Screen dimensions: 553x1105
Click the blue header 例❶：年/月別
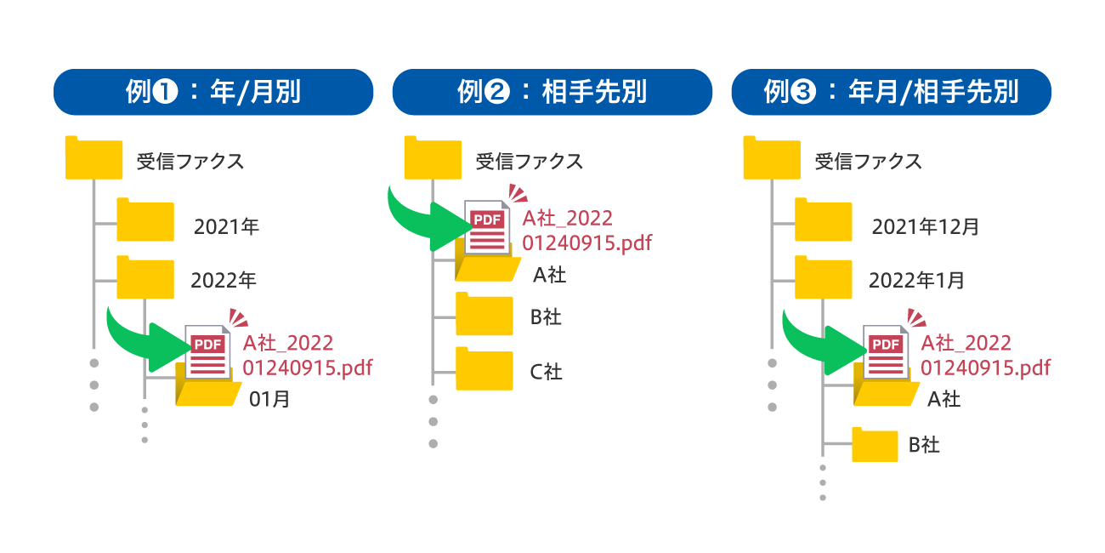213,92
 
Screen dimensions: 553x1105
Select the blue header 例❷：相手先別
552,92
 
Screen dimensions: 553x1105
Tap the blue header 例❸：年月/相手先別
892,92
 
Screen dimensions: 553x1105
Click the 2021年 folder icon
145,222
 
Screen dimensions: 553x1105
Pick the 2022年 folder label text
224,280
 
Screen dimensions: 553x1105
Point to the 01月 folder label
269,398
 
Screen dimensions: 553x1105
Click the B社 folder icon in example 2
484,316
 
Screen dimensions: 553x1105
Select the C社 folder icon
484,371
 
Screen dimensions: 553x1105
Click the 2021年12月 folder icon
824,222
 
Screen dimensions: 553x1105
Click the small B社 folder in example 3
875,445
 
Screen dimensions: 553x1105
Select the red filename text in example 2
586,231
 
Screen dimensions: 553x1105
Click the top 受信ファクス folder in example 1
93,158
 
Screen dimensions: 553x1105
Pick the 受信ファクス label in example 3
868,162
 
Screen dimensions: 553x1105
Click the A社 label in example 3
943,398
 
